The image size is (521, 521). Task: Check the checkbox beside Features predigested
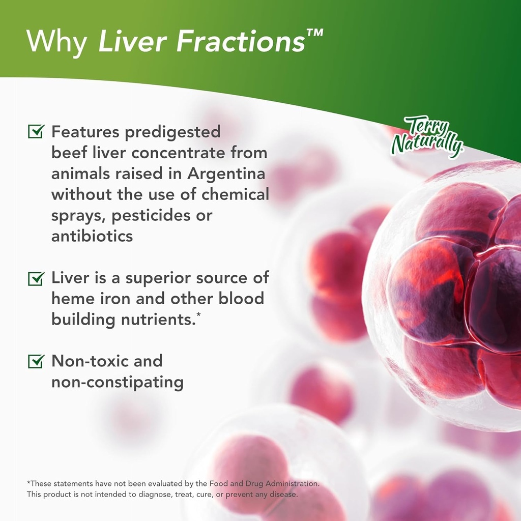coord(36,132)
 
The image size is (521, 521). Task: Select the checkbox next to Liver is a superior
coord(36,278)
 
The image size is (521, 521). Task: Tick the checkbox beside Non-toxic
coord(36,361)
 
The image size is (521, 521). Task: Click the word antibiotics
coord(92,236)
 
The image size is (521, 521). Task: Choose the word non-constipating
coord(117,382)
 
